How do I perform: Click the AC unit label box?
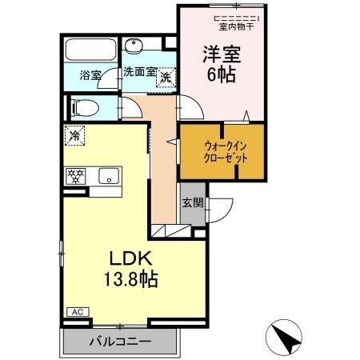coord(78,312)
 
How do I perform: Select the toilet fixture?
coord(85,108)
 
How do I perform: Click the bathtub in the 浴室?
coord(90,50)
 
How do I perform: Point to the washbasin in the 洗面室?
coord(134,46)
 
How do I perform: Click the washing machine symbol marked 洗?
coord(166,78)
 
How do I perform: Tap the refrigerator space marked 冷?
coord(74,136)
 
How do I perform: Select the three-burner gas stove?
coord(75,176)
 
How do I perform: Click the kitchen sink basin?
coord(109,176)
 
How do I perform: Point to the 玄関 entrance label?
coord(193,203)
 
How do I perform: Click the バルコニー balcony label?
coord(120,342)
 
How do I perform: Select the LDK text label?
coord(131,258)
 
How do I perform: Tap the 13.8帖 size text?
coord(131,279)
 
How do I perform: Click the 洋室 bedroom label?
coord(222,54)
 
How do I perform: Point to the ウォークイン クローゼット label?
coord(226,153)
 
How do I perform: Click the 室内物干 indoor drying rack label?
coord(236,27)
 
